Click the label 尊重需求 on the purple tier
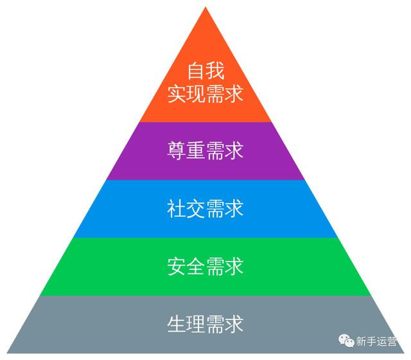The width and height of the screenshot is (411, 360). pos(205,152)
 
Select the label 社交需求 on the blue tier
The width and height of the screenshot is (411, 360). pos(205,209)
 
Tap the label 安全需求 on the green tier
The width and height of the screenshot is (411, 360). pos(205,266)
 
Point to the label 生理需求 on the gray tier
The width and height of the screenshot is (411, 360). pos(205,323)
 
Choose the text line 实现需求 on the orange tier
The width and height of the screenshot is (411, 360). pos(205,94)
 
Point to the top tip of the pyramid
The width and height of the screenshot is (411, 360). pos(205,8)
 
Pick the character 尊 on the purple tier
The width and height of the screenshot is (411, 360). pos(177,152)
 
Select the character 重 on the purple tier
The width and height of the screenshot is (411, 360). pos(196,152)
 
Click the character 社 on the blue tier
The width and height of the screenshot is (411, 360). pos(177,209)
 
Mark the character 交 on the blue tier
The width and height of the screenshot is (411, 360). pos(196,209)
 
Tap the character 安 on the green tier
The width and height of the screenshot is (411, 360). pos(177,266)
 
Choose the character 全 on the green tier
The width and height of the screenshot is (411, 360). pos(196,266)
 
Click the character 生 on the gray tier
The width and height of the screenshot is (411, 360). pos(177,323)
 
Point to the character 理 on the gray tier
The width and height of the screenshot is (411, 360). pos(196,323)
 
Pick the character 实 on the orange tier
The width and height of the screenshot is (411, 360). pos(177,94)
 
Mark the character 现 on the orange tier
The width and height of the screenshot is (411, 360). pos(196,94)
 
